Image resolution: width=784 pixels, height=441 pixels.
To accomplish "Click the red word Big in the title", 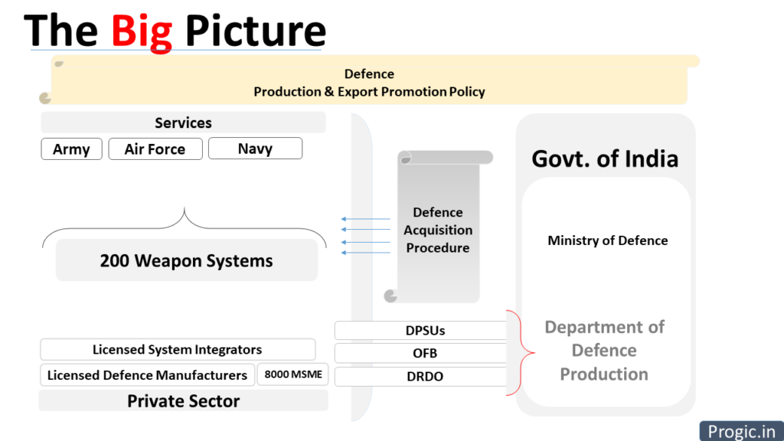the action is click(x=142, y=31).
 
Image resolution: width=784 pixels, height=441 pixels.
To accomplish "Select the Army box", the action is click(x=71, y=149).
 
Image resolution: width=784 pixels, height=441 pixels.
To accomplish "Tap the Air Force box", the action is click(x=155, y=149).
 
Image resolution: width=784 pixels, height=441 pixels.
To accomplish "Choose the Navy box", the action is click(x=255, y=149).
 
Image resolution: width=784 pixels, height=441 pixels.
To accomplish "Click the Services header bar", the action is click(x=183, y=122).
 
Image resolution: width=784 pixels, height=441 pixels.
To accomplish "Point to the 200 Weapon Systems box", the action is click(x=187, y=260).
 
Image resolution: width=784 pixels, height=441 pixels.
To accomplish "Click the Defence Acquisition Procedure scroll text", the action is click(x=438, y=230).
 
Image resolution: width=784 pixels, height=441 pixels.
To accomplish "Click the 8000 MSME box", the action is click(x=293, y=374).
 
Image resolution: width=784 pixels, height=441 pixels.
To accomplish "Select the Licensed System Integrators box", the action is click(x=178, y=349).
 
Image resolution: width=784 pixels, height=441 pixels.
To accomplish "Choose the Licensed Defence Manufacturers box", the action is click(x=147, y=375).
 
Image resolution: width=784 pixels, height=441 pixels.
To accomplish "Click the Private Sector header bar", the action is click(x=183, y=401).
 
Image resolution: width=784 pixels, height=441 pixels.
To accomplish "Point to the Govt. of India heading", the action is click(x=605, y=159).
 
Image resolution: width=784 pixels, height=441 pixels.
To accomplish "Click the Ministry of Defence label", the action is click(x=607, y=240).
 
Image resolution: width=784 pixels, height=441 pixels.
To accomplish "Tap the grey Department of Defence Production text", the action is click(x=604, y=351).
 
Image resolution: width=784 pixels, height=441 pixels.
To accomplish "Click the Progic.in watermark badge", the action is click(x=741, y=431).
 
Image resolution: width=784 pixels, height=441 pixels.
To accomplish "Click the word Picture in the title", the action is click(x=256, y=31).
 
